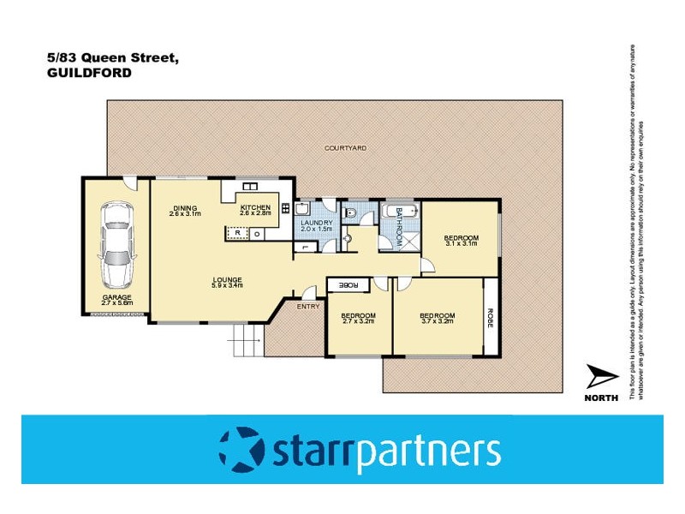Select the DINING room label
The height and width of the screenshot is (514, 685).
click(x=185, y=207)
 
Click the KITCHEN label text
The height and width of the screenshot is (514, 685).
click(x=255, y=207)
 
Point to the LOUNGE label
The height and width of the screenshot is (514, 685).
click(x=228, y=279)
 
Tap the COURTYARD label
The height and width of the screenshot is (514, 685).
click(x=346, y=148)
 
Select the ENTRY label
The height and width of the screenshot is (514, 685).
click(x=307, y=306)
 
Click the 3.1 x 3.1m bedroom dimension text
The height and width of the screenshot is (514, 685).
click(x=461, y=243)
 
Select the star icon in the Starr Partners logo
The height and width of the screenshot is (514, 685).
click(x=241, y=449)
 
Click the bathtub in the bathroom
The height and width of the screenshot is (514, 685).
click(x=400, y=212)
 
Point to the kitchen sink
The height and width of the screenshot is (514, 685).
click(x=251, y=187)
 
